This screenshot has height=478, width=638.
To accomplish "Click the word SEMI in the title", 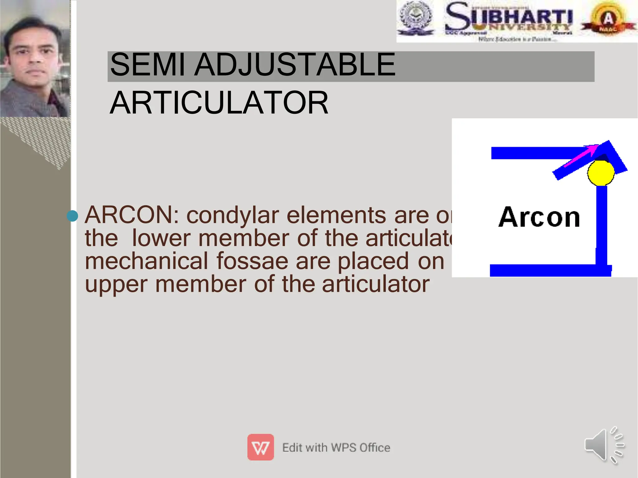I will [147, 65].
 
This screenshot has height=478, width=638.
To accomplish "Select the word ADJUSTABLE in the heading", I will [294, 65].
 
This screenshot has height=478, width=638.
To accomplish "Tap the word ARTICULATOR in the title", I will [219, 103].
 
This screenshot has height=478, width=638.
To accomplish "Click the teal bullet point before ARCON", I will [72, 216].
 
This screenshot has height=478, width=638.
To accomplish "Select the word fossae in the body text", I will [252, 261].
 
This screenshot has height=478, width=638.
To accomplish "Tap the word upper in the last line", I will [116, 284].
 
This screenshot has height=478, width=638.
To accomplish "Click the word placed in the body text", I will [373, 261].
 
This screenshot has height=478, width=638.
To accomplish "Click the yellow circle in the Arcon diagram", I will [601, 173].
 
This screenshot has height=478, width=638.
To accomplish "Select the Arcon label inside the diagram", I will [539, 217].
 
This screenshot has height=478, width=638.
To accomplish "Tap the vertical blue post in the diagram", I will [601, 224].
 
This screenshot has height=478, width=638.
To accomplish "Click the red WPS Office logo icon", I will [260, 447].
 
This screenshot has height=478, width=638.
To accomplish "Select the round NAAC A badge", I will [608, 19].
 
